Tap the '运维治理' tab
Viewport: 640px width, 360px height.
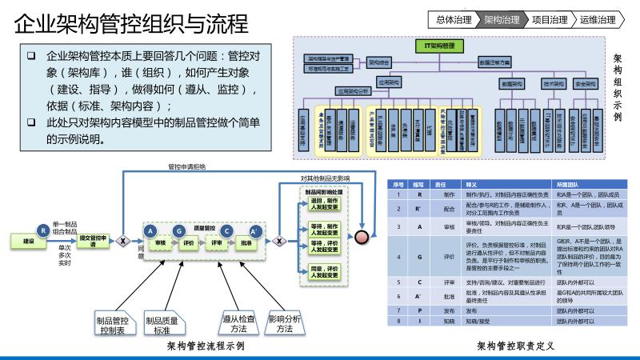(x=598, y=18)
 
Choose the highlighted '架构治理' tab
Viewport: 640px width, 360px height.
(x=502, y=18)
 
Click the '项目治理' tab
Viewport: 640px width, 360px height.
(x=550, y=18)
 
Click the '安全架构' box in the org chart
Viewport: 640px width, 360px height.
(x=587, y=83)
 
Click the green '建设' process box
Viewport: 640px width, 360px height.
(x=29, y=241)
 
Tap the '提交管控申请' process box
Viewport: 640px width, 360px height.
(x=93, y=241)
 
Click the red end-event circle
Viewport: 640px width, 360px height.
(x=362, y=237)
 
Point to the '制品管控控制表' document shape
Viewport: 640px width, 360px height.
(x=114, y=324)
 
